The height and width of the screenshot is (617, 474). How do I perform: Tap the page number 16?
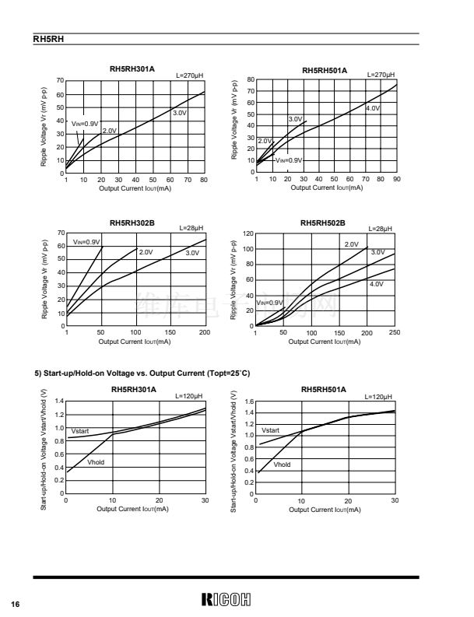[15, 604]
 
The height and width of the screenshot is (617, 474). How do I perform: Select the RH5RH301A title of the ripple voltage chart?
[133, 70]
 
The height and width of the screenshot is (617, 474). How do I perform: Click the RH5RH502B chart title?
[324, 223]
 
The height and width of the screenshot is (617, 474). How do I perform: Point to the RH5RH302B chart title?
[133, 223]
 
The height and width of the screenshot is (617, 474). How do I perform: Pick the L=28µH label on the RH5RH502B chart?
[379, 228]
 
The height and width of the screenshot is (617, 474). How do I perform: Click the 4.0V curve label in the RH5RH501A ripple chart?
[372, 108]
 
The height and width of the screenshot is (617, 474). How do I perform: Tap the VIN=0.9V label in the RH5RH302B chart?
[86, 242]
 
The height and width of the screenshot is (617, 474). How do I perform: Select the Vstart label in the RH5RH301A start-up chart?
[81, 430]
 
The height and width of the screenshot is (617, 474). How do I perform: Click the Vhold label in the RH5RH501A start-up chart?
[282, 465]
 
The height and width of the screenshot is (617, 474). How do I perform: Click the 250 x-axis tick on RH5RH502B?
[394, 332]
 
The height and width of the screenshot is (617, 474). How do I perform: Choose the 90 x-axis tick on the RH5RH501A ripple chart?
[396, 179]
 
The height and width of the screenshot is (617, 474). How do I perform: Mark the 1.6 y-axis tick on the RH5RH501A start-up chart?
[249, 401]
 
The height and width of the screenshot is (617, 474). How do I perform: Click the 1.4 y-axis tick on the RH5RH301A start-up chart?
[58, 401]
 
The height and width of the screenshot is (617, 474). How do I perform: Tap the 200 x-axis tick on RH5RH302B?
[204, 332]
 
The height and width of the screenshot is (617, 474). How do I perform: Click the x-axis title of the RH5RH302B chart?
[135, 342]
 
